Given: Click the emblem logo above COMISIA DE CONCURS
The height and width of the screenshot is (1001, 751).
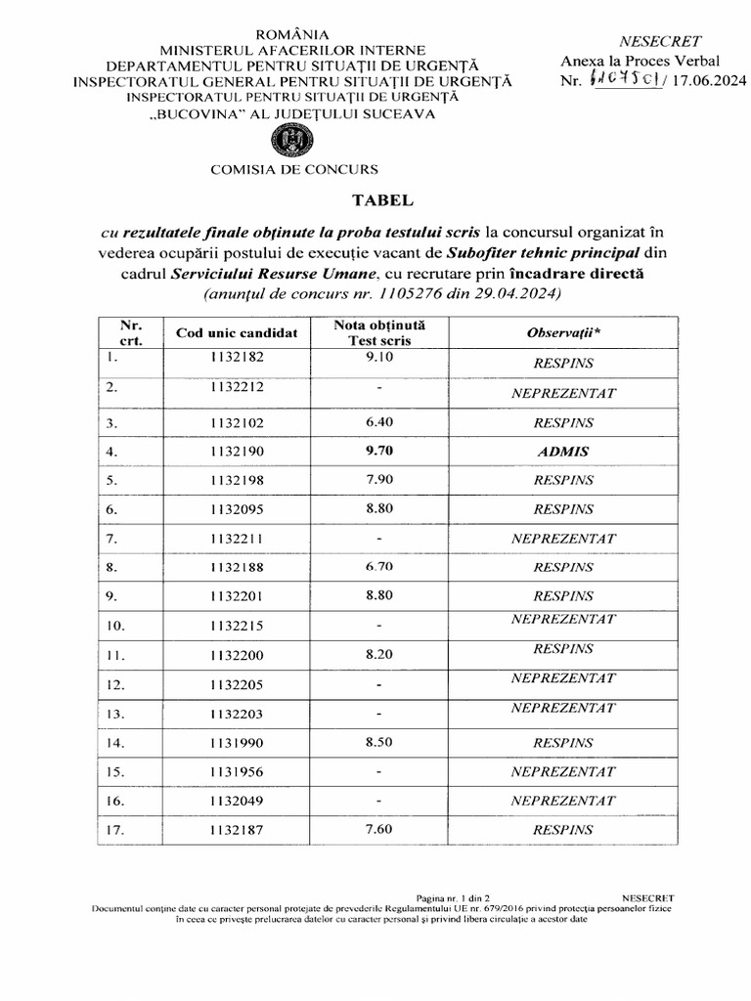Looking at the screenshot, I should (x=293, y=143).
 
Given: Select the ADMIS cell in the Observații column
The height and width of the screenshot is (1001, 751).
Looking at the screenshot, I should (x=563, y=451).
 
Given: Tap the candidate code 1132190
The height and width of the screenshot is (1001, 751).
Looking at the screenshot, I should (x=236, y=452).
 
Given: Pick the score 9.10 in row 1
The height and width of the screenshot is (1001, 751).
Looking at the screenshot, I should (x=377, y=358).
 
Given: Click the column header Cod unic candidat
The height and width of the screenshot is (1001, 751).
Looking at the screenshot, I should (x=236, y=333).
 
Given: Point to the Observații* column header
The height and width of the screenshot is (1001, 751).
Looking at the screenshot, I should (x=563, y=333).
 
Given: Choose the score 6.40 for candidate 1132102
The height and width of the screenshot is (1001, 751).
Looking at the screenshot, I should (x=377, y=423).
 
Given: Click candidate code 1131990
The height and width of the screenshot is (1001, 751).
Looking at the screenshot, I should (x=236, y=742).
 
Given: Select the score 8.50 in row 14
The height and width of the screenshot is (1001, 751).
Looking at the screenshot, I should (x=377, y=742).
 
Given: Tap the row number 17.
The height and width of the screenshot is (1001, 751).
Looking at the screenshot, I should (x=117, y=830).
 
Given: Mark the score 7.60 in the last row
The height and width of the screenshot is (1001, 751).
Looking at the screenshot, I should (x=377, y=830).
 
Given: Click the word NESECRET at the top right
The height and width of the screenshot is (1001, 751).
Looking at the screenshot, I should (x=661, y=41).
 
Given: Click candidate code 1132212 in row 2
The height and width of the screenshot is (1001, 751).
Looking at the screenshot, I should (x=236, y=387).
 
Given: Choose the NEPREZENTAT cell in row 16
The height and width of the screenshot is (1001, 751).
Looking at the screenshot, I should (x=563, y=800).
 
